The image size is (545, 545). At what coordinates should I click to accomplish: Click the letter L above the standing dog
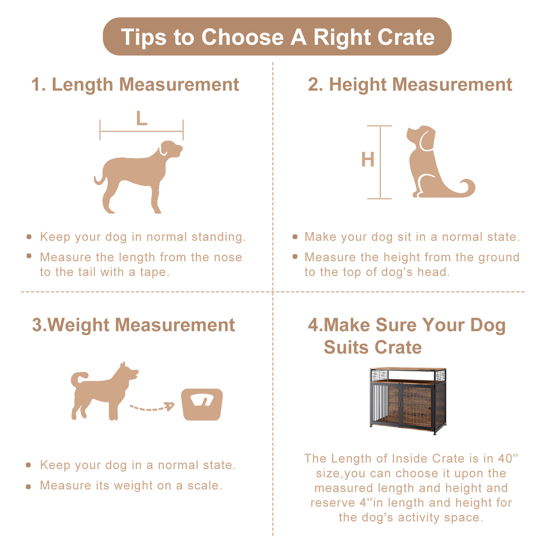tap(141, 119)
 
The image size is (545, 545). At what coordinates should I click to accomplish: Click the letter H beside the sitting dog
tap(368, 159)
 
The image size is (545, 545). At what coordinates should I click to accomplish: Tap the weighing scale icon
tap(202, 404)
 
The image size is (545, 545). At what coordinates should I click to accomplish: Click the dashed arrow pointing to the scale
tap(152, 407)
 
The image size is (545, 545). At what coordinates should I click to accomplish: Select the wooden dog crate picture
tap(408, 401)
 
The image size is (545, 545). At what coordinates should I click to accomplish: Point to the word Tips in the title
tap(143, 37)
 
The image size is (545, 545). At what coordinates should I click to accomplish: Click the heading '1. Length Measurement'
tap(135, 84)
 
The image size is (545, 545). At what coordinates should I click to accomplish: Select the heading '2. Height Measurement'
tap(410, 84)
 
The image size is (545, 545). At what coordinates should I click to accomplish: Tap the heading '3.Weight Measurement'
tap(133, 325)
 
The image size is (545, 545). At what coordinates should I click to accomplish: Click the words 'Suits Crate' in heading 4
tap(373, 347)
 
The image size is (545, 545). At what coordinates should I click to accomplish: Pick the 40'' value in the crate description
tap(508, 458)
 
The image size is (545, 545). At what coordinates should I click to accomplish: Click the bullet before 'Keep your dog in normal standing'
tap(29, 237)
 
